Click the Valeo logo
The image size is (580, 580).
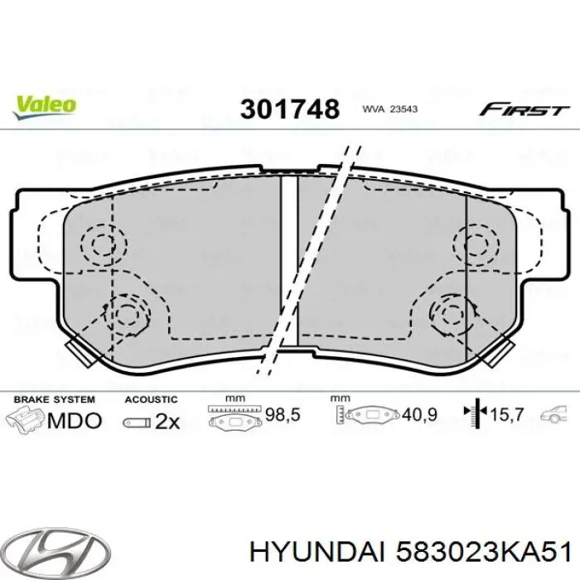[43, 104]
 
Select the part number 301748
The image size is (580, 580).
[290, 108]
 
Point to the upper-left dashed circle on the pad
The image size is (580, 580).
[104, 244]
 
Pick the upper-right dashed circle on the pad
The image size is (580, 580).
[474, 244]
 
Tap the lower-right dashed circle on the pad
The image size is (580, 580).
[452, 313]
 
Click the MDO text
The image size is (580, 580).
[74, 421]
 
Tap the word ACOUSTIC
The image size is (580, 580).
[151, 399]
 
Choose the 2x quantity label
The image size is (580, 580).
[167, 422]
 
